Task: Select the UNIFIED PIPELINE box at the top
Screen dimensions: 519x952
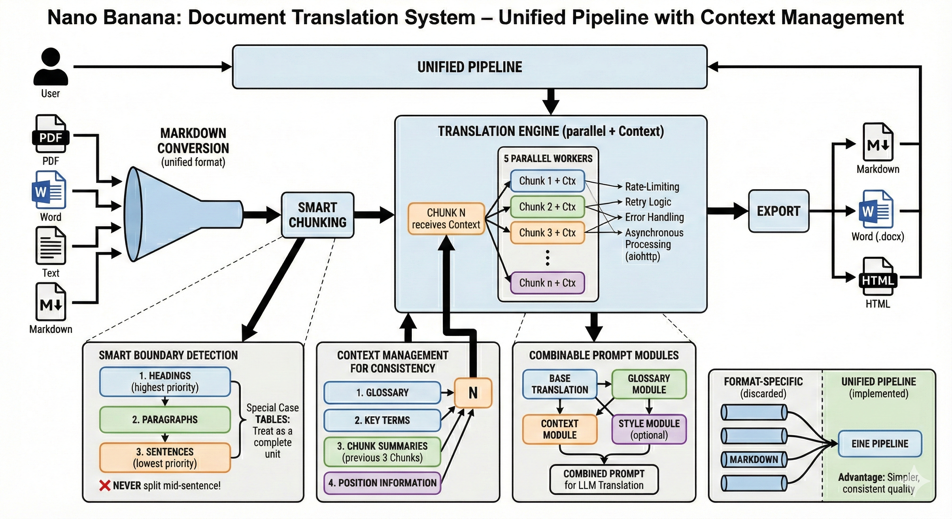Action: point(469,67)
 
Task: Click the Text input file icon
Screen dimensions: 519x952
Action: point(51,246)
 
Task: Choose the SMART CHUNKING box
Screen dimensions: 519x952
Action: point(317,215)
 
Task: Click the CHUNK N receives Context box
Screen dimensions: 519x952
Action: point(446,219)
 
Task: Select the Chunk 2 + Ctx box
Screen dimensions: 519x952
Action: point(547,207)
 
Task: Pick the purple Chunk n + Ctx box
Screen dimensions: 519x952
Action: point(547,283)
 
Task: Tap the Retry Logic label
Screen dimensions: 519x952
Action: point(648,202)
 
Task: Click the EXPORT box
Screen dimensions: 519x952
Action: point(778,211)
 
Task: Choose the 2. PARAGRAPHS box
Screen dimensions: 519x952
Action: point(165,420)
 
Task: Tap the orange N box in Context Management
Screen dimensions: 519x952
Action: point(473,393)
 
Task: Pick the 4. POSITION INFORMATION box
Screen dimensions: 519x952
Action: point(382,483)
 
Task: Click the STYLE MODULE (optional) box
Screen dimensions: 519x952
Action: point(649,429)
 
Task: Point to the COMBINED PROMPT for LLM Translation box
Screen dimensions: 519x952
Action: point(604,479)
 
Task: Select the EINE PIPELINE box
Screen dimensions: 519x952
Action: point(880,444)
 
